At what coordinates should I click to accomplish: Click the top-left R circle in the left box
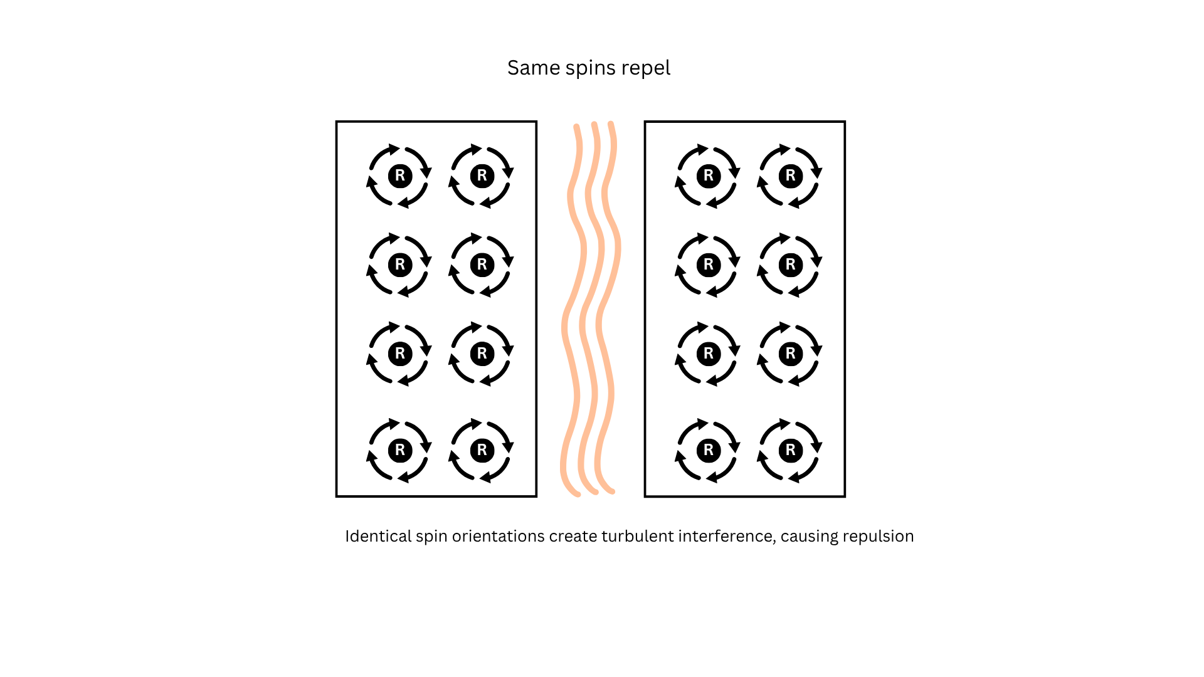click(400, 176)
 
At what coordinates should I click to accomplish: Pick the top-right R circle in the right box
click(791, 176)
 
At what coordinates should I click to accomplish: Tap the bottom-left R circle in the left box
click(400, 450)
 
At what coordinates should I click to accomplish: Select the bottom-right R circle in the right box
click(791, 450)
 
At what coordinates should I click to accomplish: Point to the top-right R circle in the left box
click(482, 176)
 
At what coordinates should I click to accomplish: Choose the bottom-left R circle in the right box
click(709, 450)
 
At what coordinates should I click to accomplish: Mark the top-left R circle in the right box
click(709, 176)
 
